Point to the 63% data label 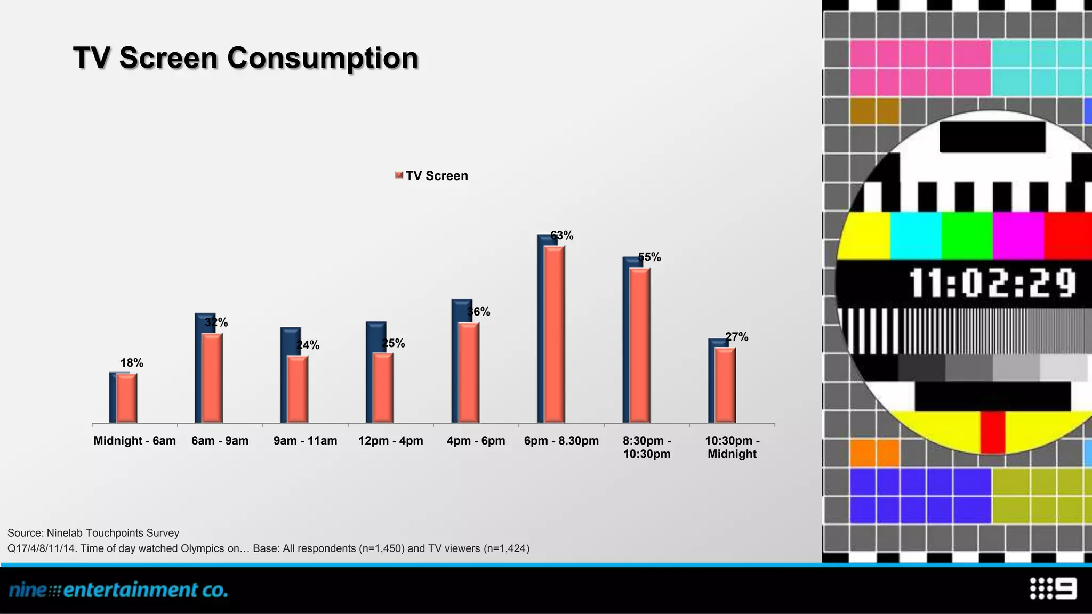(x=562, y=236)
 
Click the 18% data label (x=132, y=363)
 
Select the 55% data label (x=649, y=257)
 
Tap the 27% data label (x=737, y=337)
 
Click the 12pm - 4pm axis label (x=390, y=441)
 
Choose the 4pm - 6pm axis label (x=476, y=441)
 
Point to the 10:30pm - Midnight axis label (x=732, y=447)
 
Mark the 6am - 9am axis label (x=220, y=441)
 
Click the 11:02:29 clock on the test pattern (x=992, y=283)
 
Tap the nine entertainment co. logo (x=118, y=590)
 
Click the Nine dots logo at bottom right (x=1053, y=588)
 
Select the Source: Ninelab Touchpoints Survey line (x=93, y=533)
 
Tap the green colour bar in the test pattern (x=966, y=236)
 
